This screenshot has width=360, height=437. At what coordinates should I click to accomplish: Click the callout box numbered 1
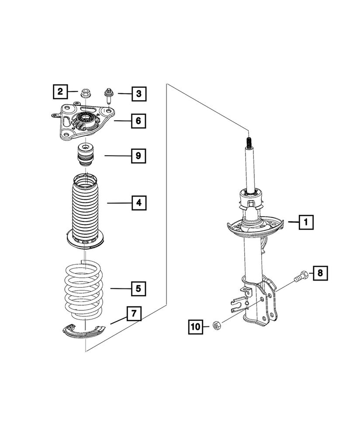click(306, 222)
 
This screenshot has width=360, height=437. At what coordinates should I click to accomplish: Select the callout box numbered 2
click(60, 92)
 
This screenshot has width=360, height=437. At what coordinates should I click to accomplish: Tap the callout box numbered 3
click(138, 93)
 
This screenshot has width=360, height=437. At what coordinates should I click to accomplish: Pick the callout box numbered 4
click(138, 203)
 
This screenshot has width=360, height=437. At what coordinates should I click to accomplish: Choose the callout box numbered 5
click(138, 288)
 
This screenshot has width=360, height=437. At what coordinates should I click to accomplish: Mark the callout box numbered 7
click(134, 314)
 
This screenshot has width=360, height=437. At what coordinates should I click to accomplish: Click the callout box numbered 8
click(320, 274)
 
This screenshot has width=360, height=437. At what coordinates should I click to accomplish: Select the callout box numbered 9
click(138, 156)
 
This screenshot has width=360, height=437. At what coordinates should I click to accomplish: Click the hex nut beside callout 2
click(85, 94)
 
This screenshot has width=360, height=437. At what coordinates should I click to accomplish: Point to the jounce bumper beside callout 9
click(85, 156)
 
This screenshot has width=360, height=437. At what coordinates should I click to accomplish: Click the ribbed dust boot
click(86, 210)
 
